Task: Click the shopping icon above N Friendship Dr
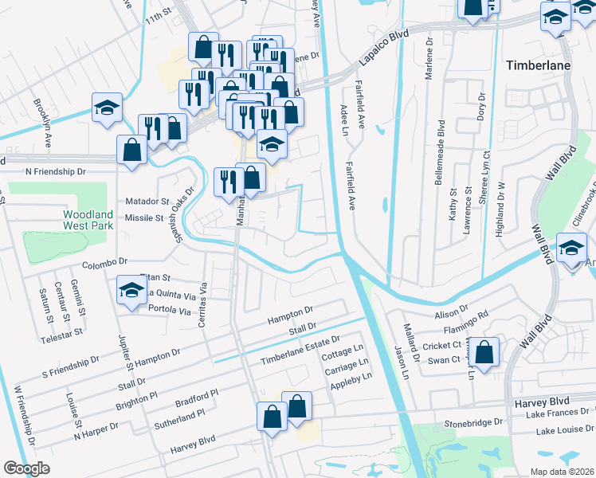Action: pos(131,150)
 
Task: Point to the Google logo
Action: pos(27,468)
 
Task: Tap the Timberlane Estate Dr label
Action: pos(300,351)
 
